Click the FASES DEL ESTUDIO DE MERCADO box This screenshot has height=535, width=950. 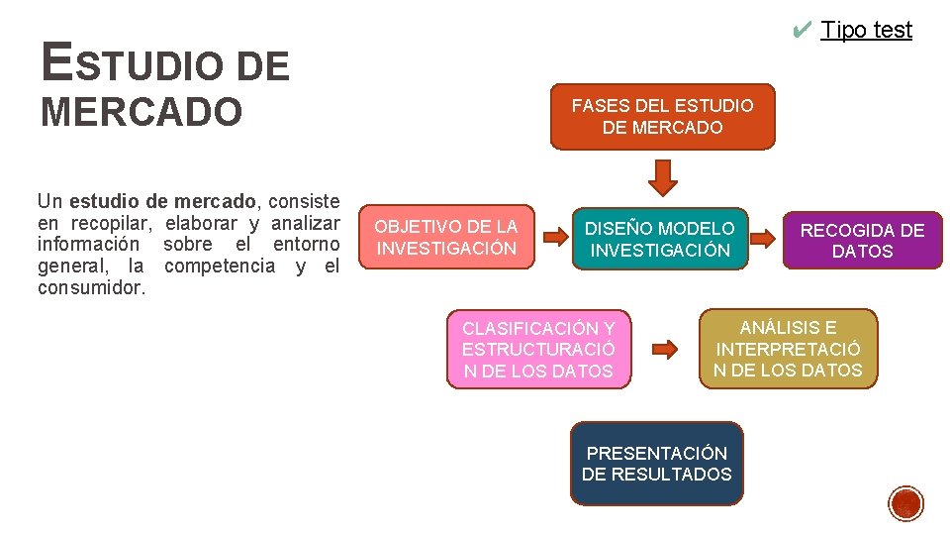[662, 117]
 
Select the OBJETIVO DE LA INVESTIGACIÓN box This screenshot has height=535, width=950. [446, 238]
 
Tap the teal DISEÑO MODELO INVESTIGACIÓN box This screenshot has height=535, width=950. [659, 240]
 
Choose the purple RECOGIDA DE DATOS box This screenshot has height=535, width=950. [862, 241]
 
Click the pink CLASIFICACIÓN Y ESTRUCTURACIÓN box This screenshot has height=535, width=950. [538, 350]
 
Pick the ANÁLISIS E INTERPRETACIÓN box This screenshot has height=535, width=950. [788, 349]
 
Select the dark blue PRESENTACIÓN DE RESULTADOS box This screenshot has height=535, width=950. [656, 464]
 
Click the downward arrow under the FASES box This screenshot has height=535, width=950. [663, 176]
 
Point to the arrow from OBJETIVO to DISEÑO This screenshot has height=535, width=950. [554, 237]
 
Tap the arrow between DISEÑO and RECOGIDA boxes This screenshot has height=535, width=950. [762, 238]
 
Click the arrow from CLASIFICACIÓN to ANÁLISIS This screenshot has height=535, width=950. [664, 349]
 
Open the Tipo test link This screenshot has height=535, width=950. [866, 30]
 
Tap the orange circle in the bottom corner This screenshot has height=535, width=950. [905, 503]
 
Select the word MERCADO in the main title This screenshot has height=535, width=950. [141, 112]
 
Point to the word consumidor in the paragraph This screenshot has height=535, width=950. [91, 288]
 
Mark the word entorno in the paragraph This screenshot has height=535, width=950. [306, 244]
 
